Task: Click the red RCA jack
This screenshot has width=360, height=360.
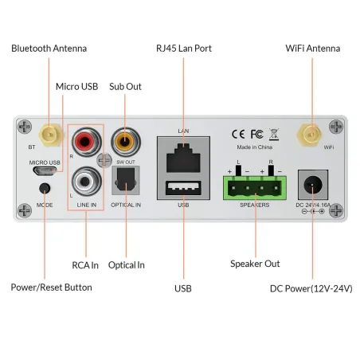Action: [86, 142]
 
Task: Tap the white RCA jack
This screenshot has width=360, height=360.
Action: [86, 182]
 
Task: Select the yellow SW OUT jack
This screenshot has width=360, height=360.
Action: [126, 142]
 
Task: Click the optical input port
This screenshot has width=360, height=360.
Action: [126, 180]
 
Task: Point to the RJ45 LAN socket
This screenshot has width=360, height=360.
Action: [183, 158]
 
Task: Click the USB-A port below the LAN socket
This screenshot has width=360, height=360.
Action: [183, 188]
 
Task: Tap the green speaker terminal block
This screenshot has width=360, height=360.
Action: [255, 188]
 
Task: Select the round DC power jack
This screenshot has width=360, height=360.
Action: [313, 185]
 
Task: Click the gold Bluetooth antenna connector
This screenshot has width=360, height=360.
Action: [50, 135]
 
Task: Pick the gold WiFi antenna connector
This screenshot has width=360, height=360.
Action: [310, 135]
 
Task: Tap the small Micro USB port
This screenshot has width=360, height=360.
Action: [45, 170]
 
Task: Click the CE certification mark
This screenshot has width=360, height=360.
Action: [238, 134]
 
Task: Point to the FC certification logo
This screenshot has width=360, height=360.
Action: [257, 134]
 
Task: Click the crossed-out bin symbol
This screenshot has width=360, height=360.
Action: [274, 134]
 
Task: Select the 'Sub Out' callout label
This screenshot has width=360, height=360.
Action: [125, 87]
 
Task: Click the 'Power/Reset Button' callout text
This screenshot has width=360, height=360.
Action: [52, 288]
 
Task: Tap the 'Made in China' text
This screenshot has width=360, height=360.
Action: [255, 147]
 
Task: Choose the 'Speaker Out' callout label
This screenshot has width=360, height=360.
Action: [255, 264]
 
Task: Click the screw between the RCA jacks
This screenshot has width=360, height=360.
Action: [104, 160]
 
